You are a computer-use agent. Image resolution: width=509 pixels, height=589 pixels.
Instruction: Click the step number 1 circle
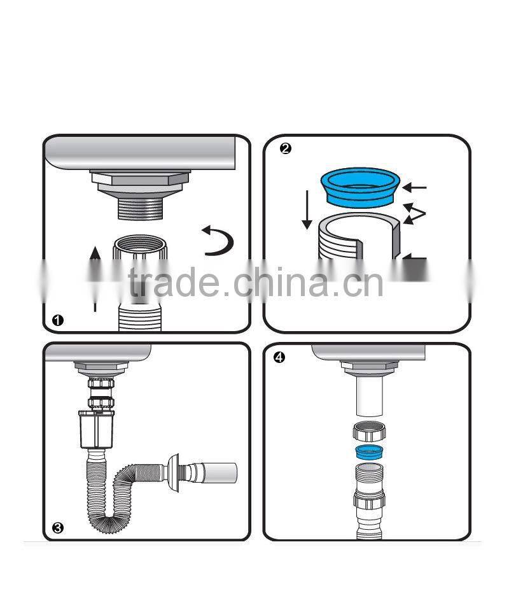(x=57, y=320)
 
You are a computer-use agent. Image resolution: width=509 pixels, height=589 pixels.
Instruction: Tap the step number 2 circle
(x=286, y=148)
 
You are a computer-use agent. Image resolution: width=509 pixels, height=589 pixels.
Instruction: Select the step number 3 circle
(x=58, y=528)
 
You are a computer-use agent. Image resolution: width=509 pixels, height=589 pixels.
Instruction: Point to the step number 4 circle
(x=279, y=357)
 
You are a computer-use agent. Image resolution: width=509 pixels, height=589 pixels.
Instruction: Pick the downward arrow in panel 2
(x=307, y=211)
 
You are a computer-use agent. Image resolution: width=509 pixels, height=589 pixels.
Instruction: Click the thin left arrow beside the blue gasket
(x=417, y=188)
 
